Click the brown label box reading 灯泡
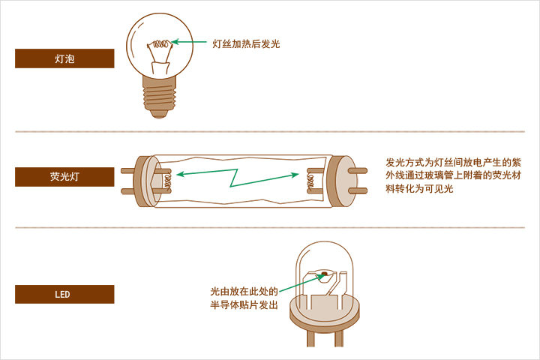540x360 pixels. (x=64, y=58)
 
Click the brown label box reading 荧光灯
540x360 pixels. (x=64, y=177)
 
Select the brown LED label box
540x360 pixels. (x=64, y=294)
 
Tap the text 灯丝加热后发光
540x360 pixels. (x=246, y=44)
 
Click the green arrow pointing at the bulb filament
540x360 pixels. (x=191, y=43)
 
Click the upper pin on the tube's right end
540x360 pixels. (x=361, y=169)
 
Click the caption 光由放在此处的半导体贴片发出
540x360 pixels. (x=244, y=298)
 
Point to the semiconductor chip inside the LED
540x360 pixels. (x=324, y=273)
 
